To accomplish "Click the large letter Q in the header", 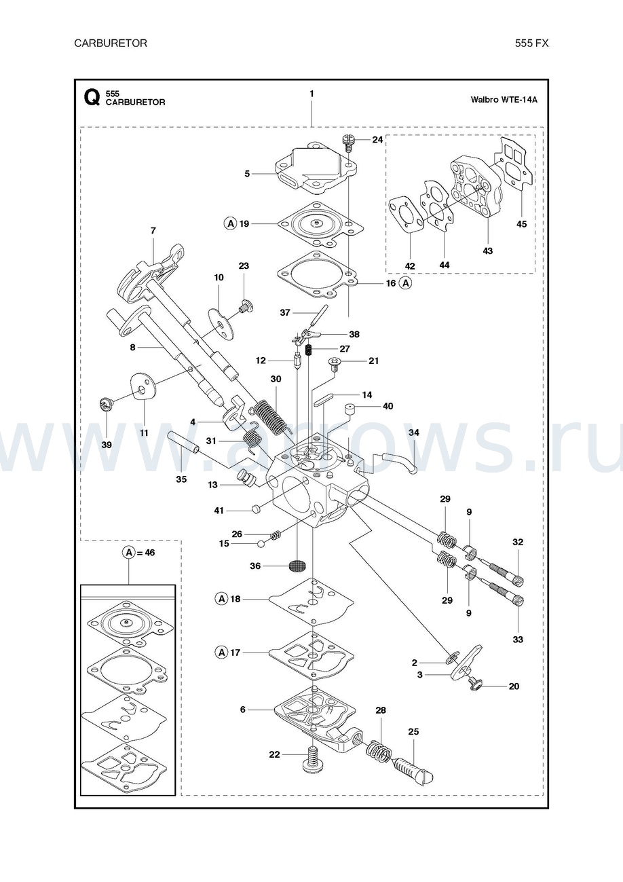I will click(x=92, y=98).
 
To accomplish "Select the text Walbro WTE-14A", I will click(x=504, y=99).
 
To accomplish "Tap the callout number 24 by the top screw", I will click(x=377, y=140).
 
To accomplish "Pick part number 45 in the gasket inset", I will click(x=521, y=224).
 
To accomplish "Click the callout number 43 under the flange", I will click(x=488, y=251).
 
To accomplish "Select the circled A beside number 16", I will click(x=405, y=283).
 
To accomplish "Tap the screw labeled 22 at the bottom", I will click(x=313, y=755).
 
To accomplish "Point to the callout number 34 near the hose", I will click(x=413, y=433).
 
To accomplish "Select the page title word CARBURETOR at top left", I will click(x=111, y=43).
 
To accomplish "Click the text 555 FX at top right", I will click(x=531, y=43).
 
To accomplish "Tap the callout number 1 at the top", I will click(x=311, y=93).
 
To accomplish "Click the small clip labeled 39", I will click(x=105, y=405).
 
